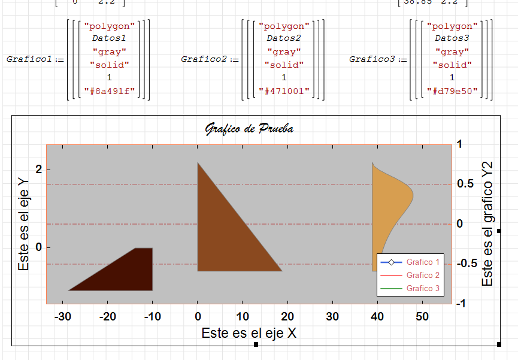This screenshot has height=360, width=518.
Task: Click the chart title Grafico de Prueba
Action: tap(249, 128)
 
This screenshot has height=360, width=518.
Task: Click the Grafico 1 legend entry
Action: tap(423, 262)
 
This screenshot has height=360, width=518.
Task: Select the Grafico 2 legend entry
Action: tap(423, 275)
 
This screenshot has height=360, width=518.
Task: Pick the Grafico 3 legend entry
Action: tap(423, 288)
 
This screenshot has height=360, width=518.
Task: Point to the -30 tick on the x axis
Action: tap(62, 317)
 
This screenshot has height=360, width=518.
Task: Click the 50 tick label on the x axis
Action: tap(422, 317)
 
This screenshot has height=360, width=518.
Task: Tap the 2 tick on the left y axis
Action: tap(39, 170)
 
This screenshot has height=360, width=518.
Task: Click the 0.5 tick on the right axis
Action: tap(465, 183)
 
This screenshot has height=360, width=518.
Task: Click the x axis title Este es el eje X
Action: tap(249, 333)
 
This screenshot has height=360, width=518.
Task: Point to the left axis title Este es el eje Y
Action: tap(24, 223)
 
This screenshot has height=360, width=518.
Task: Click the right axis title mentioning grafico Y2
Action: tap(487, 223)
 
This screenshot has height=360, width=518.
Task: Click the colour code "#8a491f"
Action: tap(109, 91)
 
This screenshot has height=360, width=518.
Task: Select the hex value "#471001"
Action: tap(284, 91)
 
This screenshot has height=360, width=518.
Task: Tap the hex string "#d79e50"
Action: tap(452, 91)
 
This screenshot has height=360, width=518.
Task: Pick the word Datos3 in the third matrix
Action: tap(452, 38)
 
